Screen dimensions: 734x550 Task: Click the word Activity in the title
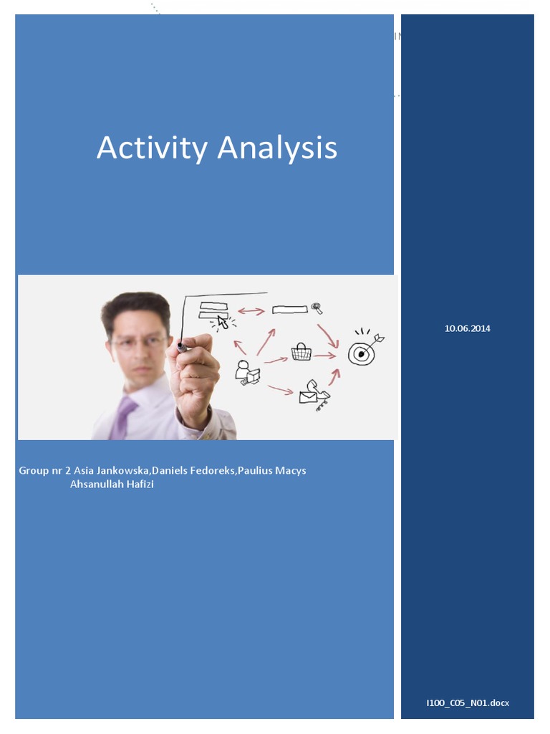152,148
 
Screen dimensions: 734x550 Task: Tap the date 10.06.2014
468,328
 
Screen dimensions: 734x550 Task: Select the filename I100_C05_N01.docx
468,703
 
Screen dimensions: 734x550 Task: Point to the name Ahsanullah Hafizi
112,485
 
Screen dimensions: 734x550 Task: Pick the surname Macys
291,471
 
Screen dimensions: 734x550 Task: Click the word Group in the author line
33,471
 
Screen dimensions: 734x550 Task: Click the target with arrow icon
364,349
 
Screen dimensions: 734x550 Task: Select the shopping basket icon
301,352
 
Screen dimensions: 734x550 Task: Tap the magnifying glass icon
317,309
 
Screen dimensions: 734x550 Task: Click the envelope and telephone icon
314,392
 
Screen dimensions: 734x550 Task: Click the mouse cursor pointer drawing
223,322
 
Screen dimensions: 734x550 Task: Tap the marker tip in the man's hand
181,348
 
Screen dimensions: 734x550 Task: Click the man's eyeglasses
140,342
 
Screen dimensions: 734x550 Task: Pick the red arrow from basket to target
325,355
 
